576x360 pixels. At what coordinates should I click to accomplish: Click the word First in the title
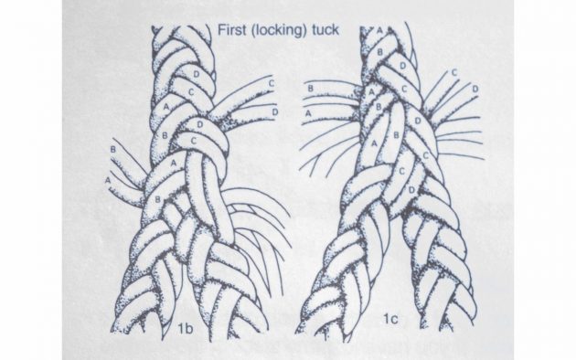pos(231,29)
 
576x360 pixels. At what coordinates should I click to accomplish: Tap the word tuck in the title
pos(325,30)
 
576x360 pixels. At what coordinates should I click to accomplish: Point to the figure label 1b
pos(185,329)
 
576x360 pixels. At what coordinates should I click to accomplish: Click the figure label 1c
pos(390,319)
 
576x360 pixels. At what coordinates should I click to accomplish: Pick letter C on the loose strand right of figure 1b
pos(272,83)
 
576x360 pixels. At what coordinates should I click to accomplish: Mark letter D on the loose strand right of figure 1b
pos(275,111)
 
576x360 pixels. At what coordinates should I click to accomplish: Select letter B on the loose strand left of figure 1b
pos(113,149)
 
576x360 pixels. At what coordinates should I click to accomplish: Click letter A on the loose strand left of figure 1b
pos(108,180)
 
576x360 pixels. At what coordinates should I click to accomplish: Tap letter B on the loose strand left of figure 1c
pos(311,89)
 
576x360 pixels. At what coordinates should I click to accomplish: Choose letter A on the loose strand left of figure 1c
pos(309,114)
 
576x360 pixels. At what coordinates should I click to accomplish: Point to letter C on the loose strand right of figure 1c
pos(454,72)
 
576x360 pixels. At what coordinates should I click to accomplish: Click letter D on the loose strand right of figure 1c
pos(475,90)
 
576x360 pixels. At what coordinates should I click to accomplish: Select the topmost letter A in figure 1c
pos(379,31)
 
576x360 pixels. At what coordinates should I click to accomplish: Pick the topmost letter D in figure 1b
pos(197,74)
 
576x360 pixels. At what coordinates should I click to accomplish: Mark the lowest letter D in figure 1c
pos(411,190)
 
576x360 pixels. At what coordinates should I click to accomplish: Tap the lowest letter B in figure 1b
pos(157,199)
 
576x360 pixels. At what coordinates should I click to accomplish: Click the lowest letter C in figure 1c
pos(402,171)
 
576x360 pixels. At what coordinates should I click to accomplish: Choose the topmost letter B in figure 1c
pos(379,52)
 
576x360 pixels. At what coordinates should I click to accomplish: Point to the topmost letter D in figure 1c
pos(402,66)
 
